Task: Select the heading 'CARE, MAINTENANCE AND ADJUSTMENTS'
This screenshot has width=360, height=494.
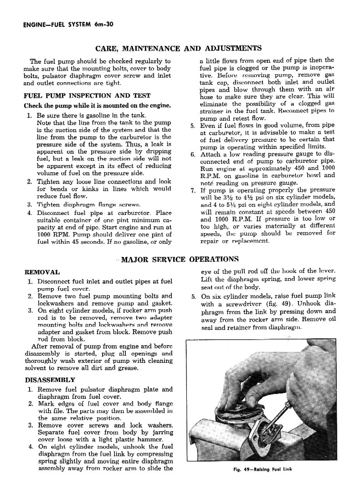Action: pyautogui.click(x=178, y=48)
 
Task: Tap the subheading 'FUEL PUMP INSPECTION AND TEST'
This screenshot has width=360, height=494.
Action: pyautogui.click(x=87, y=96)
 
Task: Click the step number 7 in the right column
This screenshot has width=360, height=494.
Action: pyautogui.click(x=193, y=190)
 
